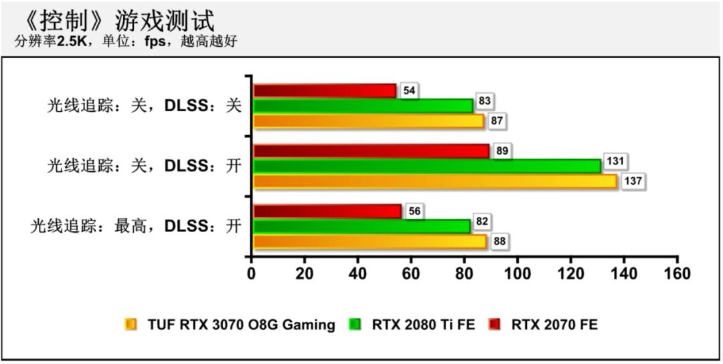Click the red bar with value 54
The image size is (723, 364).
coord(325,91)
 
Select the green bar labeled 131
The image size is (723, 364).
coord(427,166)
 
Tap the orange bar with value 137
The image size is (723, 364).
coord(435,181)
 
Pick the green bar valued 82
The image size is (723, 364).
coord(361,226)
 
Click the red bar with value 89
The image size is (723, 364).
coord(372,151)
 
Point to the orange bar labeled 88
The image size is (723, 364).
coord(370,242)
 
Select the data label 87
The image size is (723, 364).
coord(496,121)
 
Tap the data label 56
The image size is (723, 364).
coord(414,211)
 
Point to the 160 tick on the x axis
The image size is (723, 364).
coord(677,273)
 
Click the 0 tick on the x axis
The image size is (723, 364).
coord(251,273)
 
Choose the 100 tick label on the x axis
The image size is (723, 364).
coord(517,273)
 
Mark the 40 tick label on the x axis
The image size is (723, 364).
coord(357,273)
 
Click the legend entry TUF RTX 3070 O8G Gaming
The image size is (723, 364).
coord(241,325)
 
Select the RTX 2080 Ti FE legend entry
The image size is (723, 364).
coord(423,325)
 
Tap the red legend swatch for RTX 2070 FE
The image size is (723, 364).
coord(495,325)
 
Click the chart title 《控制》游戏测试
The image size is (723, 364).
coord(118,20)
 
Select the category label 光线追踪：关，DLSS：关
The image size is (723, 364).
coord(144,106)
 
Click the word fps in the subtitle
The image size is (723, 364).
coord(155,41)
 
